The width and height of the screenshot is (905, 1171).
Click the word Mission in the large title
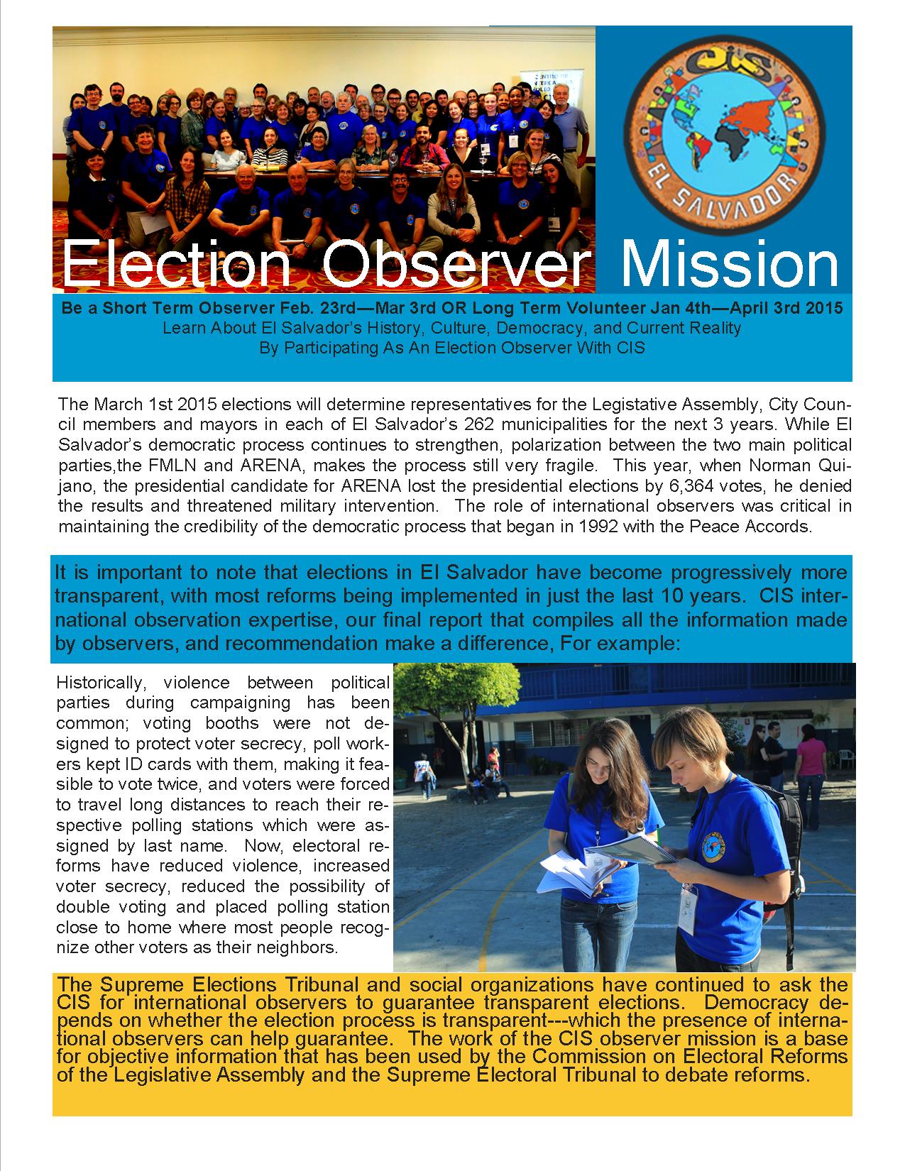[729, 265]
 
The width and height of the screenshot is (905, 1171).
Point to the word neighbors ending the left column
[299, 947]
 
